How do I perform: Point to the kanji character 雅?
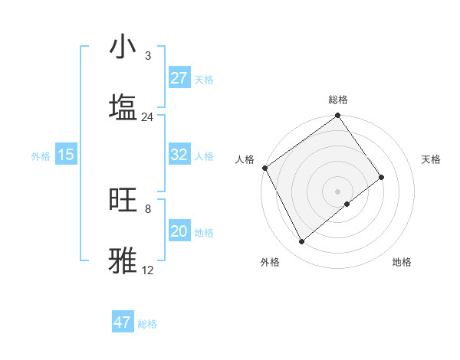(123, 260)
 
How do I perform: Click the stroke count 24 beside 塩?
(147, 117)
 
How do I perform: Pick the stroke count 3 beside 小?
(147, 56)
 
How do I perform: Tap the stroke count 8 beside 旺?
(147, 208)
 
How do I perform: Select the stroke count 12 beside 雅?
(147, 270)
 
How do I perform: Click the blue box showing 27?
(179, 78)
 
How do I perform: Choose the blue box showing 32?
(179, 155)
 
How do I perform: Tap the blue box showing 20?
(179, 231)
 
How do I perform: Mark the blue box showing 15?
(66, 155)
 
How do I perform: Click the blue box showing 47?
(123, 322)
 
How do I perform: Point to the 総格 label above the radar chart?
(338, 100)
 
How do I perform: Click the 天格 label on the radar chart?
(432, 159)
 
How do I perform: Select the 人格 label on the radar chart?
(245, 159)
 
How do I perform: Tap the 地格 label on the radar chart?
(402, 263)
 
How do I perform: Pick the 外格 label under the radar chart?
(270, 263)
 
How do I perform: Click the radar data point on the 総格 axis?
(338, 116)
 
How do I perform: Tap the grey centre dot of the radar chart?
(338, 191)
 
